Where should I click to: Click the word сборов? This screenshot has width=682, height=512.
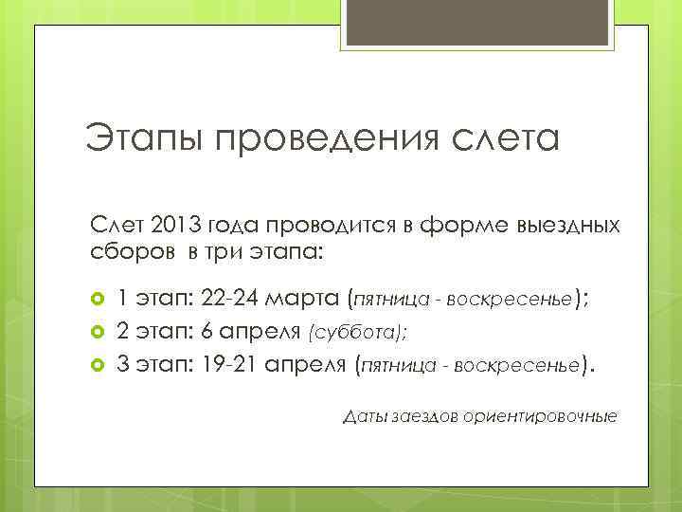pos(128,253)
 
